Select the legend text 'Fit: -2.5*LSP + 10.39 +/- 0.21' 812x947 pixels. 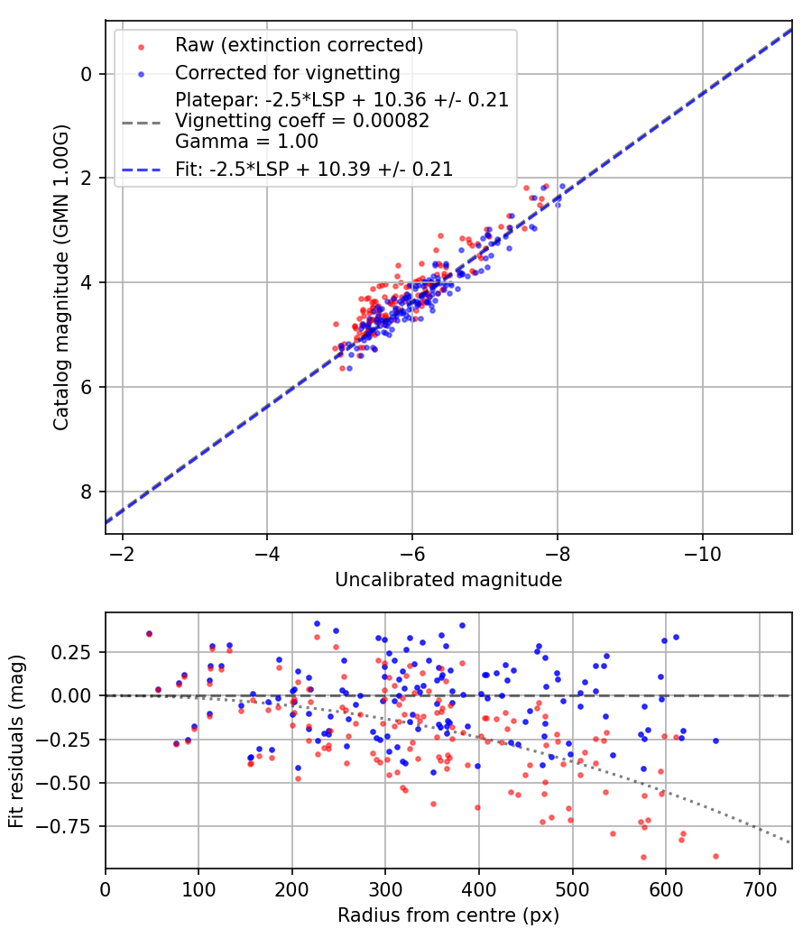pyautogui.click(x=314, y=169)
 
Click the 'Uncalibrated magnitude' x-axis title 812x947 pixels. pyautogui.click(x=448, y=580)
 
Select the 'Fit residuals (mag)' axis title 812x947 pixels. pyautogui.click(x=16, y=740)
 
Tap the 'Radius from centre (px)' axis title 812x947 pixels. pyautogui.click(x=448, y=915)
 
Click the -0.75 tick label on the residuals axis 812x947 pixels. pyautogui.click(x=70, y=826)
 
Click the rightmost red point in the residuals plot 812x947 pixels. pyautogui.click(x=715, y=856)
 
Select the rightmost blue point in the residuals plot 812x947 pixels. pyautogui.click(x=715, y=740)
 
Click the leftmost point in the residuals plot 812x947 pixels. pyautogui.click(x=149, y=634)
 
